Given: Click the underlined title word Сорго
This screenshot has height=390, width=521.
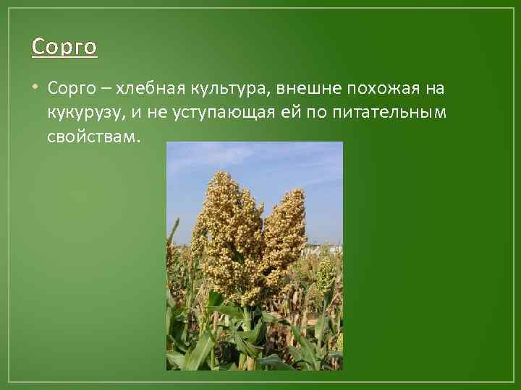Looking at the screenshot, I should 64,48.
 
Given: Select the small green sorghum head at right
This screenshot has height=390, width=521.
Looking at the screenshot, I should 326,273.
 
